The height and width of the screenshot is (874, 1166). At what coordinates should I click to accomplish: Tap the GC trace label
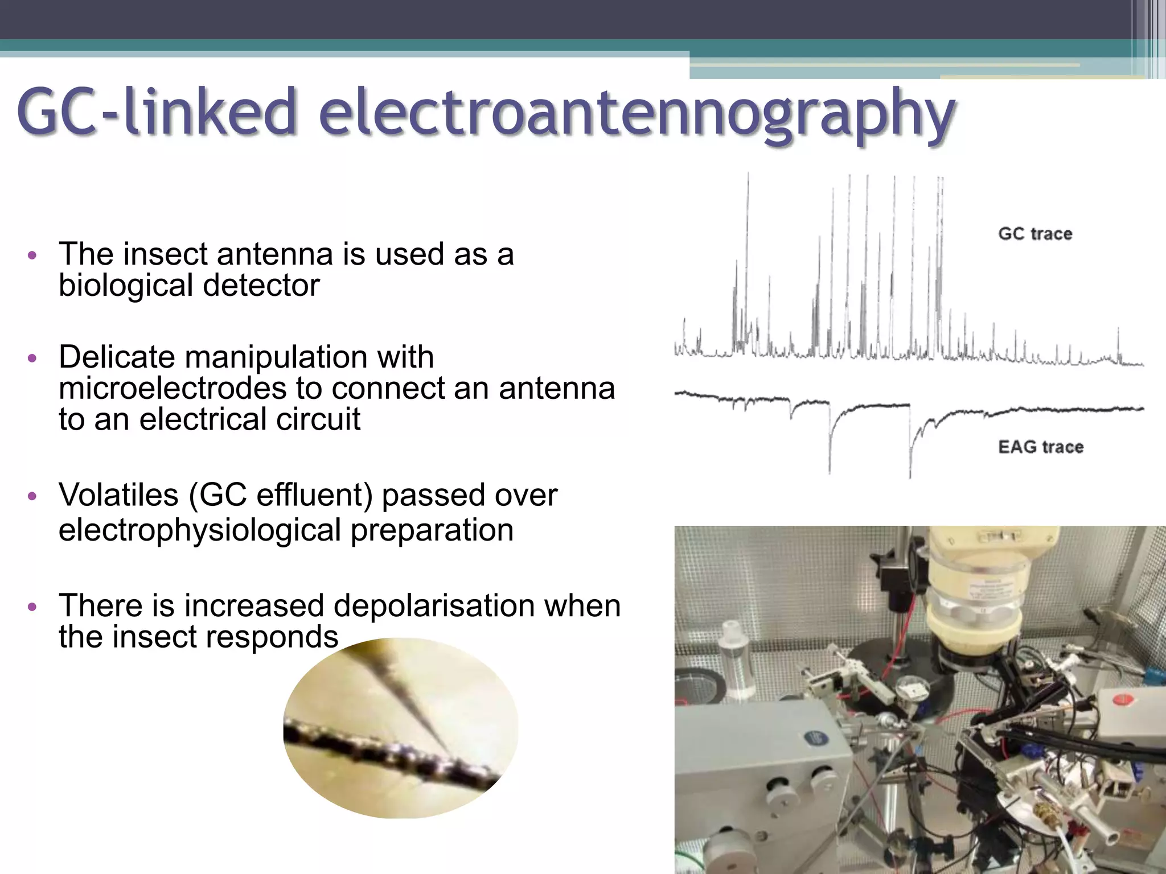coord(1035,234)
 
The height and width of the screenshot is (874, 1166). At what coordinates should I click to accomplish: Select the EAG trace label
coord(1041,447)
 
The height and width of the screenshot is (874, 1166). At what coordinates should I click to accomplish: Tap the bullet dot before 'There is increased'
coord(32,607)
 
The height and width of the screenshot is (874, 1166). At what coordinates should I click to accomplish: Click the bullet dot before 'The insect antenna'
coord(32,255)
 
